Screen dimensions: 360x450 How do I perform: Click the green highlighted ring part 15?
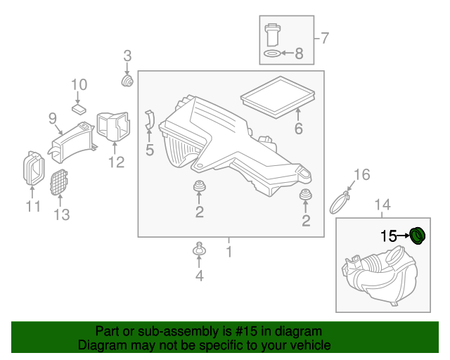tap(419, 236)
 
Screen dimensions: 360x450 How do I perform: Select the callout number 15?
tap(389, 236)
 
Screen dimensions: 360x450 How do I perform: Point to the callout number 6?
tap(298, 129)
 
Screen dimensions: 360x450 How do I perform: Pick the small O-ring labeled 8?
tap(271, 53)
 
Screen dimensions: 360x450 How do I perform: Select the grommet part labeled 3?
tap(128, 82)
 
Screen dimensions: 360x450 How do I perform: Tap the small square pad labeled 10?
tap(79, 110)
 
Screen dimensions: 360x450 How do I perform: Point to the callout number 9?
tap(53, 118)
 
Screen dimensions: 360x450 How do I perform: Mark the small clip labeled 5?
tap(148, 121)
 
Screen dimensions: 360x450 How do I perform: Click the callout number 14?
tap(381, 205)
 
